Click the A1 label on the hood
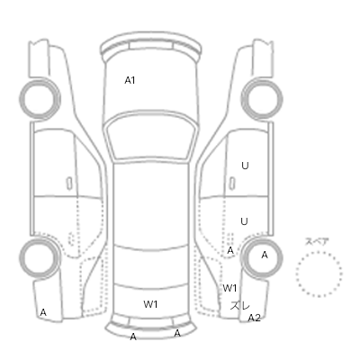click(x=130, y=80)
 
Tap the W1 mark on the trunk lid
click(x=150, y=304)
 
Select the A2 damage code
click(x=254, y=318)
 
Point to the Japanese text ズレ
click(x=240, y=306)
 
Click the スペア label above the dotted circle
click(x=317, y=241)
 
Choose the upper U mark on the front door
click(x=245, y=166)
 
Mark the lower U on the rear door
click(x=244, y=221)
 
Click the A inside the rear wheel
click(x=265, y=255)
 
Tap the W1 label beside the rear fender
click(x=229, y=288)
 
